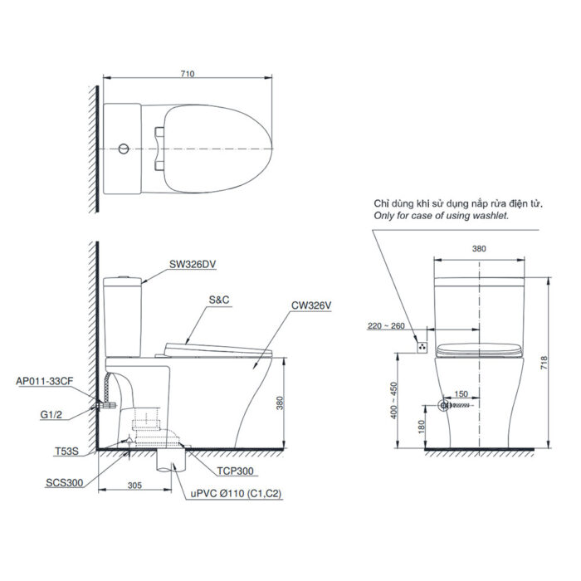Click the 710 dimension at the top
[187, 74]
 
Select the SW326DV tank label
[193, 265]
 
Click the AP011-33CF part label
[43, 382]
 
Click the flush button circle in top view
[123, 149]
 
